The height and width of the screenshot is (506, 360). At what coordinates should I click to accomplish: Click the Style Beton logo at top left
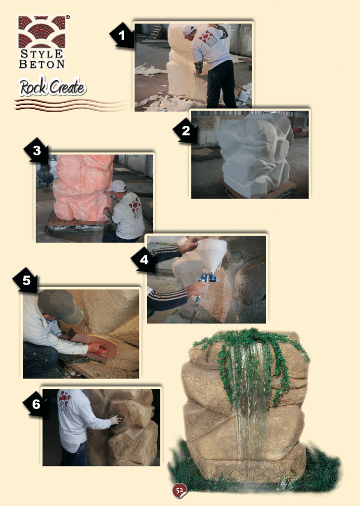42,42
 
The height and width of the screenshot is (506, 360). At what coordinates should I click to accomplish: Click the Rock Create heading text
52,87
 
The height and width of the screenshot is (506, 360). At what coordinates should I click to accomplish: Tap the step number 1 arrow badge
122,36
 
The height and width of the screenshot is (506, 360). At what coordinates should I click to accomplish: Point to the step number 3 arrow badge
37,150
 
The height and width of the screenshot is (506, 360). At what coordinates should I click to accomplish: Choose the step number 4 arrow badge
144,260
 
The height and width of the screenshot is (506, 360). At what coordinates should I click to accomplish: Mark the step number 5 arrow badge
26,280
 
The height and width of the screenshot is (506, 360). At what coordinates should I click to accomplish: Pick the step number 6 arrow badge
36,404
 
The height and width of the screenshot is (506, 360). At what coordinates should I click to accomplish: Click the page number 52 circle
180,491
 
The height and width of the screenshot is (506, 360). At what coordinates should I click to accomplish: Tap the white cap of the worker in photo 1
188,31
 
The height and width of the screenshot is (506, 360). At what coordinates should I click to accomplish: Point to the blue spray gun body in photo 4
208,277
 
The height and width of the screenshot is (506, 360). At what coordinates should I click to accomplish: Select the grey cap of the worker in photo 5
60,305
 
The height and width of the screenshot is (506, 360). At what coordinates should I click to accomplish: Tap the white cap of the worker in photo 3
117,186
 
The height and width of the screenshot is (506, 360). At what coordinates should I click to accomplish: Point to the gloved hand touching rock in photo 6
116,420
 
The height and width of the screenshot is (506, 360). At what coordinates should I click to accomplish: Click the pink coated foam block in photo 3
82,187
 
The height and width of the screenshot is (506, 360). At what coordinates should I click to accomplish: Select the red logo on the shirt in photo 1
207,37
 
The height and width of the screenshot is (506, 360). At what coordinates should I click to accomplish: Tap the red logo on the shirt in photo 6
65,398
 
